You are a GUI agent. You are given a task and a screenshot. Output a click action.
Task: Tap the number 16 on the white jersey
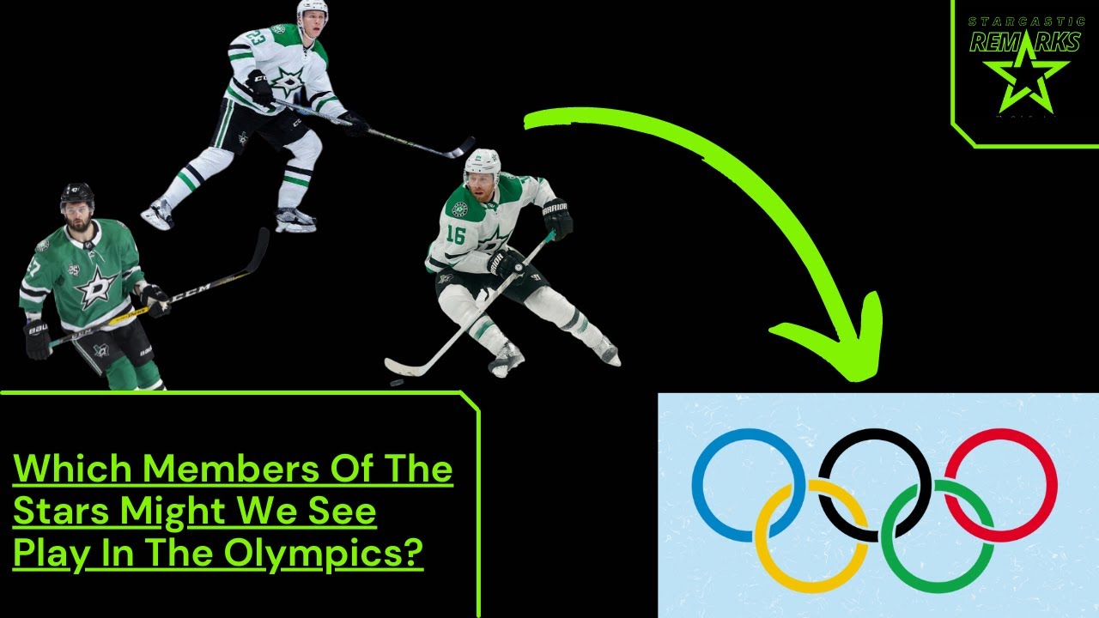(456, 234)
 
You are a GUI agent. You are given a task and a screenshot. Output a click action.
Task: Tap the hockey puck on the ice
(397, 382)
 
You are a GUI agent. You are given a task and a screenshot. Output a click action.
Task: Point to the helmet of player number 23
(312, 9)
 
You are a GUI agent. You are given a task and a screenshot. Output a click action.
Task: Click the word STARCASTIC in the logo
(1025, 21)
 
